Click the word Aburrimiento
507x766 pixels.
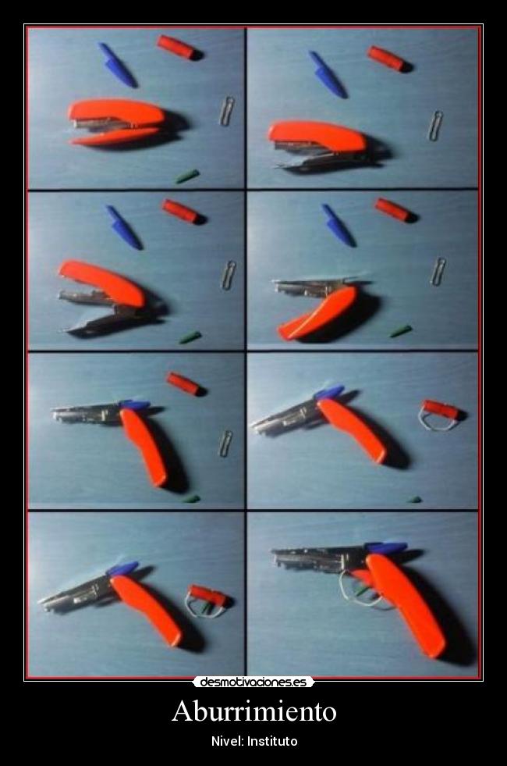(x=253, y=711)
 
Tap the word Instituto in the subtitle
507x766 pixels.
(x=272, y=741)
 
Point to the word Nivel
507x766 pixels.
(x=228, y=741)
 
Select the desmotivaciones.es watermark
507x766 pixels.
(x=253, y=682)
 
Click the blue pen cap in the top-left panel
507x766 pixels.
(x=117, y=65)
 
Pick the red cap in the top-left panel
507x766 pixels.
(x=179, y=48)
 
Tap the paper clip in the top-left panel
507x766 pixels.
(x=226, y=111)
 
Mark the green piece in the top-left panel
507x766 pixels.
(x=187, y=176)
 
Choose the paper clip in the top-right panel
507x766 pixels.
(x=435, y=126)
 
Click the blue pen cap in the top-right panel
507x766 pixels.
(x=328, y=74)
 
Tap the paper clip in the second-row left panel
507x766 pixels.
(x=228, y=276)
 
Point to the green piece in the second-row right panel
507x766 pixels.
(x=401, y=331)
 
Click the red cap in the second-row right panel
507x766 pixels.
(x=395, y=210)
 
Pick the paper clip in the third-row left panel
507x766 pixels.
(x=225, y=444)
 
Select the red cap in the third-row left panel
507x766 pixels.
(x=186, y=383)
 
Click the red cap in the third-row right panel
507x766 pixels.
(x=442, y=411)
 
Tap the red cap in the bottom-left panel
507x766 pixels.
(x=209, y=596)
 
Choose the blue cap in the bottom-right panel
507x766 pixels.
(x=386, y=547)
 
